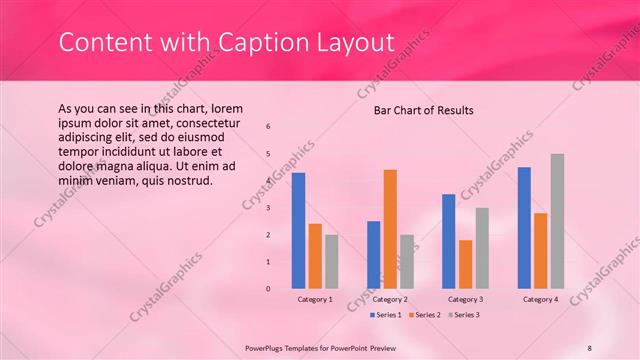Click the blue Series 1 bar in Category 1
point(298,231)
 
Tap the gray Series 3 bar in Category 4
point(557,221)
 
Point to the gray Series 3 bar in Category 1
point(331,262)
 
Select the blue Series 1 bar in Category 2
point(373,255)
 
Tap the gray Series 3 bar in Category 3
point(482,248)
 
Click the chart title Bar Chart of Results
point(424,110)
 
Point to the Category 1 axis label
point(315,299)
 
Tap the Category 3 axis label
point(465,299)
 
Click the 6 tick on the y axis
point(268,126)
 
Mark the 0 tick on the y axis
point(268,289)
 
